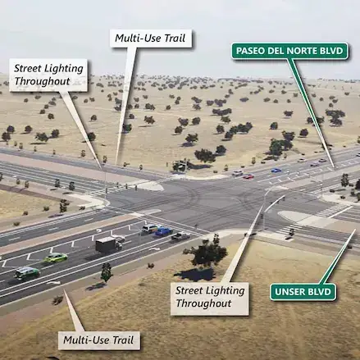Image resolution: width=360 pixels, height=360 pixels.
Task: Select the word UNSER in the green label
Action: tap(287, 292)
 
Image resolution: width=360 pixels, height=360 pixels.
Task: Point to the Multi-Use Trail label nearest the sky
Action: tap(151, 39)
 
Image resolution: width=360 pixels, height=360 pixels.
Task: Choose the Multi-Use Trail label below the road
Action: tap(98, 340)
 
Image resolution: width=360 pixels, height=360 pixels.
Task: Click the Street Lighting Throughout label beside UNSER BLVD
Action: tap(210, 297)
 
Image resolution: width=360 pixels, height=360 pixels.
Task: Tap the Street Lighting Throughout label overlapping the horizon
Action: tap(48, 75)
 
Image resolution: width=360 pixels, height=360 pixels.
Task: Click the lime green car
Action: tap(56, 257)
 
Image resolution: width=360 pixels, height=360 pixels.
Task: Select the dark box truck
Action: tap(108, 244)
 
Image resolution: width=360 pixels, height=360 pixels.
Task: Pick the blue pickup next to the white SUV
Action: tap(164, 231)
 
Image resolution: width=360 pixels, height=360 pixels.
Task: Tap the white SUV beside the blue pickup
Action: tap(149, 229)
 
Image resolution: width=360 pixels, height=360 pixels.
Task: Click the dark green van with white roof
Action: tap(27, 273)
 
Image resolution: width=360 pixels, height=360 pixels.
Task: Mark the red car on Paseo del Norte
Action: tap(248, 176)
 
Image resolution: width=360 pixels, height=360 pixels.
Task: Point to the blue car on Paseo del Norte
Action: tap(276, 171)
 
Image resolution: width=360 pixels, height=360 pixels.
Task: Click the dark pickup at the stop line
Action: tap(180, 236)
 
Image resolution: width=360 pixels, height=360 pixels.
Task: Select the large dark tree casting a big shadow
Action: tap(207, 253)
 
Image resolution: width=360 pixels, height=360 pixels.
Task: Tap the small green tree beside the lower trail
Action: tap(107, 272)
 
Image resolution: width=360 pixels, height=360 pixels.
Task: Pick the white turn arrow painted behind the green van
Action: tap(52, 282)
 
